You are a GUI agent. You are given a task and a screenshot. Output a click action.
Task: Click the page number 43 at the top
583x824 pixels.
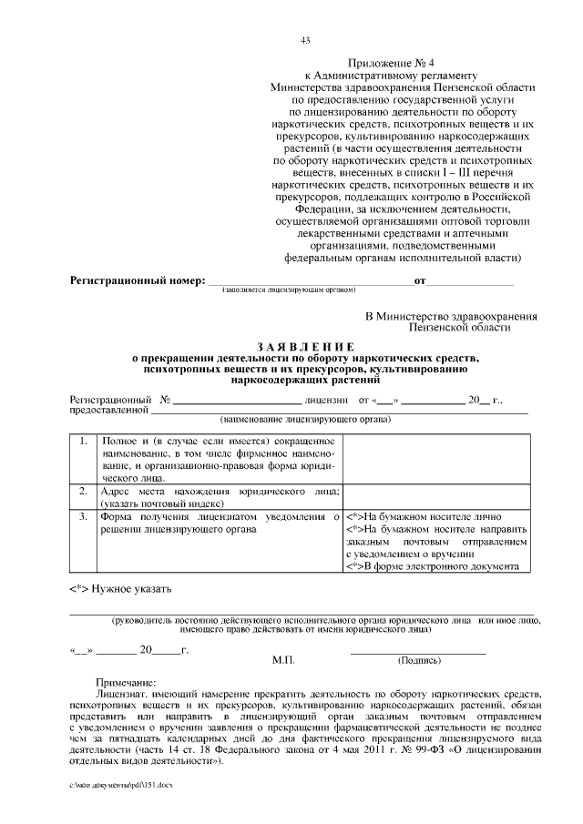tap(305, 39)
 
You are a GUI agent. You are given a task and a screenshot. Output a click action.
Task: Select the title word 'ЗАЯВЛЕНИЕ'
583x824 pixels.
tap(306, 347)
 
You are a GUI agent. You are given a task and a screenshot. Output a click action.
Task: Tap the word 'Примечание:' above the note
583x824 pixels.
tap(126, 682)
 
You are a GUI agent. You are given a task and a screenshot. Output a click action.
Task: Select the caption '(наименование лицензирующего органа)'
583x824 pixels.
tap(305, 420)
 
